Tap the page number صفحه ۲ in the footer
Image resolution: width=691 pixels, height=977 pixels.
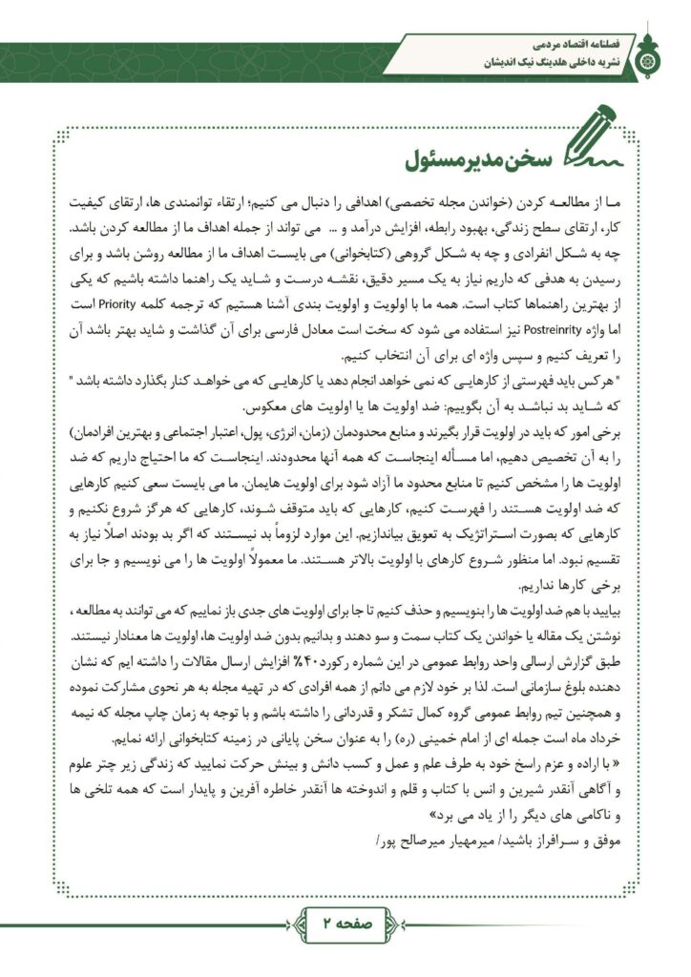point(345,925)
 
